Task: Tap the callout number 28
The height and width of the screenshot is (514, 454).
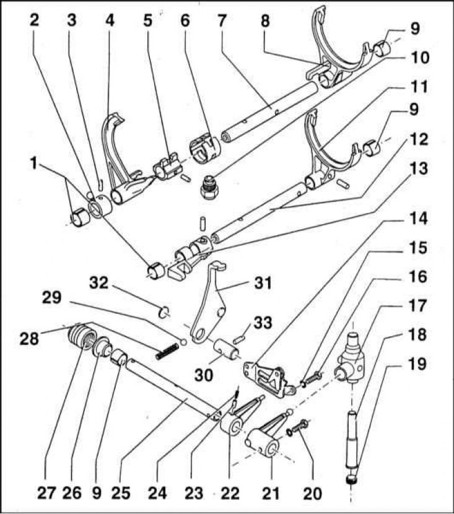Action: point(29,338)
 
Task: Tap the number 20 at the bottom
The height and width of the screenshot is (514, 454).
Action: point(312,494)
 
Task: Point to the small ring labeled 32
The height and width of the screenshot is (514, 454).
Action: point(164,312)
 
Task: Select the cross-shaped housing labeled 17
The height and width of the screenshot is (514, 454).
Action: point(351,360)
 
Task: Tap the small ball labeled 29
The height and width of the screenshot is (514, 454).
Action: point(183,342)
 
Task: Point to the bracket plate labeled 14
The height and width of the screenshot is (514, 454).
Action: point(267,378)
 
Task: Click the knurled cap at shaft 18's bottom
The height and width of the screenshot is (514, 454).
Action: point(351,479)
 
